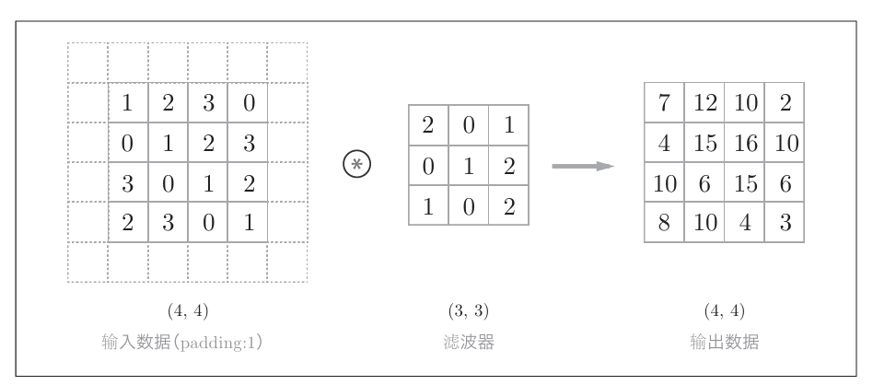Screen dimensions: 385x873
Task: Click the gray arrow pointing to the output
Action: coord(582,166)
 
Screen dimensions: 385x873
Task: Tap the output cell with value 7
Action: coord(664,103)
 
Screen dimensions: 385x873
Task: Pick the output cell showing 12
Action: coord(704,103)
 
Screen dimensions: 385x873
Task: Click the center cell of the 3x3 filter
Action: coord(468,166)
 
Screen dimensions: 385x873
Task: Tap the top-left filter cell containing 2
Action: coord(427,126)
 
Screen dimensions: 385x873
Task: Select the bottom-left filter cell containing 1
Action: coord(427,206)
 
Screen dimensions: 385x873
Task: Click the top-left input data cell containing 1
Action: coord(128,103)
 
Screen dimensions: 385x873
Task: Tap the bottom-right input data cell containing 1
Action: coord(247,222)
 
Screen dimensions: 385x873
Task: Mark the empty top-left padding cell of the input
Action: coord(87,63)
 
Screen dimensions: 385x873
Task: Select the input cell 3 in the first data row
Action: coord(207,103)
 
